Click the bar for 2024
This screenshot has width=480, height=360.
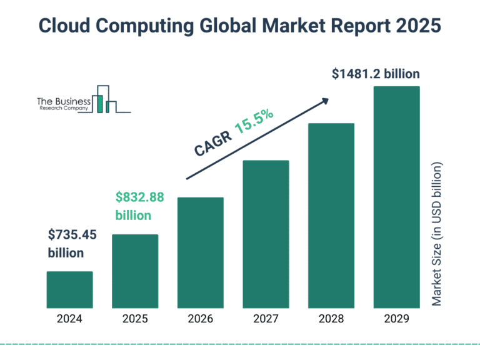[x=69, y=290]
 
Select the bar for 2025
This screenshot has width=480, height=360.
[x=135, y=271]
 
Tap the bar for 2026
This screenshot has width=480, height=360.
[x=200, y=252]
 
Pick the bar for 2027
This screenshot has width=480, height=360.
[x=266, y=234]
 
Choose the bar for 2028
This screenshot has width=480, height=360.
[x=331, y=216]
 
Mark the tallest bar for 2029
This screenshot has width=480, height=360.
[x=396, y=197]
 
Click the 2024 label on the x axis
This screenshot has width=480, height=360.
[x=69, y=319]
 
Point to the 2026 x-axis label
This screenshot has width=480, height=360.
[x=200, y=319]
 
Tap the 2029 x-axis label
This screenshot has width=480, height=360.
[x=396, y=319]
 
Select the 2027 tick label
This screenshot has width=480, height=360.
[x=266, y=319]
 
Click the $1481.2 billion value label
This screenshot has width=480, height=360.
[x=376, y=74]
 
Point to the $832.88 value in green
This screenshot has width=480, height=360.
[x=139, y=197]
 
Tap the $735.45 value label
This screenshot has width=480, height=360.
[x=72, y=235]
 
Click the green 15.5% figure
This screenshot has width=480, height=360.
[x=254, y=123]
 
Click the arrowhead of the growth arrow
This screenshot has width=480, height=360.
[x=324, y=101]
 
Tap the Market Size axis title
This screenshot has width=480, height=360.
[x=437, y=234]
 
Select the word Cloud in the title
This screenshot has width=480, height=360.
[x=66, y=25]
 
